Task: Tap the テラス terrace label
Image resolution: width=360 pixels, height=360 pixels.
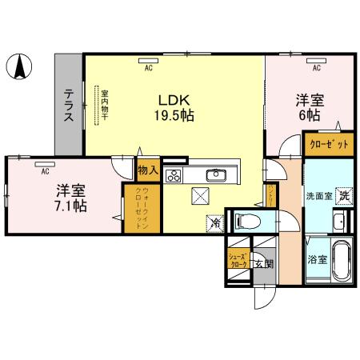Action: tap(70, 104)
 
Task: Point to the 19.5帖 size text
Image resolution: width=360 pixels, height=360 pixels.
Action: tap(174, 115)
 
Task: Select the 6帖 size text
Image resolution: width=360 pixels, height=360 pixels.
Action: tap(312, 116)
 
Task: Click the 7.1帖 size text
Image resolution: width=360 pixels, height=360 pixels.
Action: tap(71, 205)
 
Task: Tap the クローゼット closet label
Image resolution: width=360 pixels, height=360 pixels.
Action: tap(328, 145)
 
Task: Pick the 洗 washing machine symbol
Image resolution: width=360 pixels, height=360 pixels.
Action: tap(342, 195)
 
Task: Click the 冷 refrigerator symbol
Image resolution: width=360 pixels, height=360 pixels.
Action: tap(214, 224)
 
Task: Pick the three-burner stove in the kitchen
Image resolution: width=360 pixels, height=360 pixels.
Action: tap(174, 177)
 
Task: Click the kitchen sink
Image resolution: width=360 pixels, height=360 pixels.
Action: tap(216, 176)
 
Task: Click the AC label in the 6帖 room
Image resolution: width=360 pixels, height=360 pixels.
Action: tap(317, 67)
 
